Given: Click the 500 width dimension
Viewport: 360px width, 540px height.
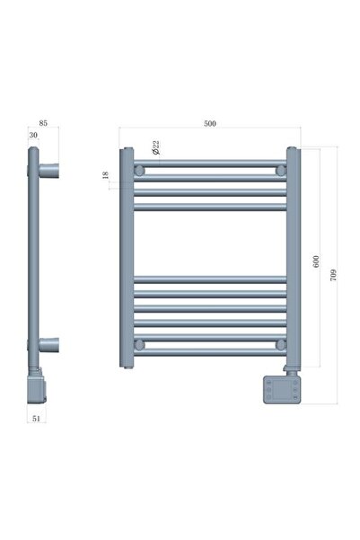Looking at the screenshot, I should [209, 124].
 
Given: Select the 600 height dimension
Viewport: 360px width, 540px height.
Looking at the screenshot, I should [316, 261].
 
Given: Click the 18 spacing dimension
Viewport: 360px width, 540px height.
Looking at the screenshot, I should [106, 175].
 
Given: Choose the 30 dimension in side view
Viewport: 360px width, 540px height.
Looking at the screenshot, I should [33, 135].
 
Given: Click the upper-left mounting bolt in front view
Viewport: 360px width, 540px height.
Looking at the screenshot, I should [139, 170].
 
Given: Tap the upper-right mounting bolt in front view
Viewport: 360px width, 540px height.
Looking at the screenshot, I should [280, 170].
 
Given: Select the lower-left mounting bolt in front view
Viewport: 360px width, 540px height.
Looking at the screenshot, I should [139, 344].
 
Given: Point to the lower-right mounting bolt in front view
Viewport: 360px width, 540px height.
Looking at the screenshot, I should [280, 344].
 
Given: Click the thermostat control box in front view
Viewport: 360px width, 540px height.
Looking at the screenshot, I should [281, 388].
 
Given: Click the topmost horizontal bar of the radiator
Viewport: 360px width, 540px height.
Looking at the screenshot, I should [210, 164].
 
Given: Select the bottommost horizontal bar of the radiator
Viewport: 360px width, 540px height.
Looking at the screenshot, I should [210, 349].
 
